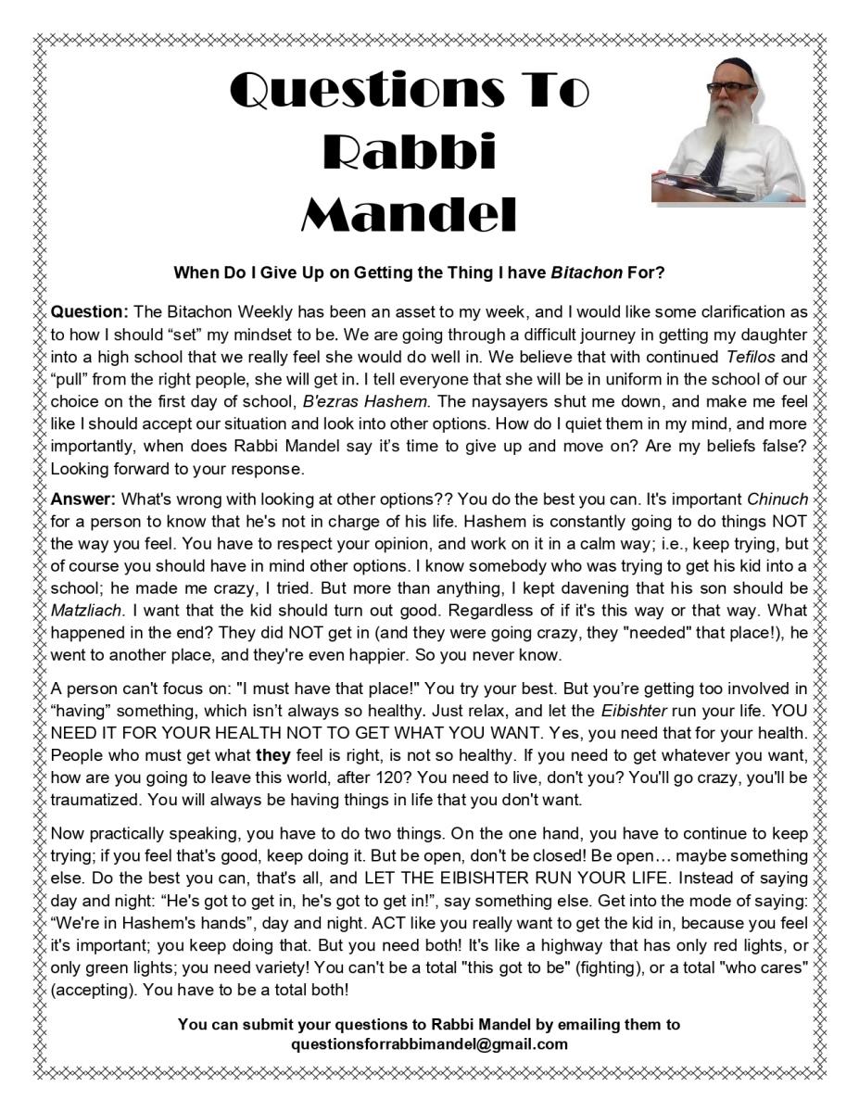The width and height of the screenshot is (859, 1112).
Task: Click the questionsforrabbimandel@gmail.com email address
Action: (429, 1043)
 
